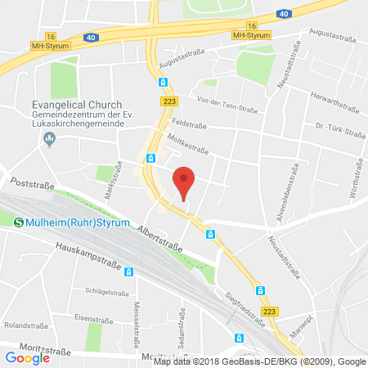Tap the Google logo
[28, 357]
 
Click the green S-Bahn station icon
[18, 220]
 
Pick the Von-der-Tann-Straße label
[226, 101]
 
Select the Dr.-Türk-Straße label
[339, 128]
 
